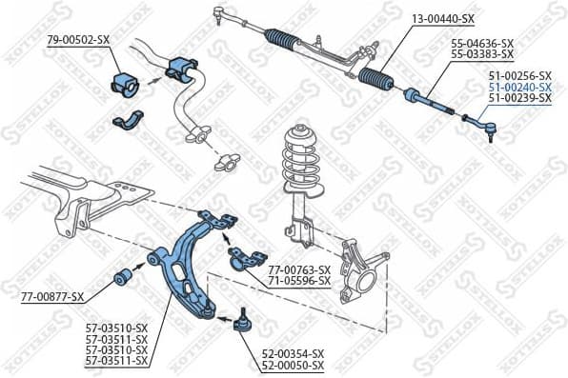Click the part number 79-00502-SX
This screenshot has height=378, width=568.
tap(78, 39)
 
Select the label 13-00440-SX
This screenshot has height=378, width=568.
tap(444, 19)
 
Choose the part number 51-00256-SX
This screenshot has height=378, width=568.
tap(519, 74)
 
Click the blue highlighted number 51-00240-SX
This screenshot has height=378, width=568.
tap(519, 86)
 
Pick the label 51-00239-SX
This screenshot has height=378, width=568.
tap(519, 97)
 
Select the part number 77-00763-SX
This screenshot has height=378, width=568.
tap(298, 269)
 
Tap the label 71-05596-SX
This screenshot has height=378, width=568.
tap(298, 281)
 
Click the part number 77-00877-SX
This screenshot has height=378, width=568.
tap(53, 297)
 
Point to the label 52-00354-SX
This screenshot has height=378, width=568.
tap(293, 353)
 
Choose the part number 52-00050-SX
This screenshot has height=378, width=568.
tap(293, 365)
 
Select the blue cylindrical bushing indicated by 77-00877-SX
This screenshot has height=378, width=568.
tap(123, 277)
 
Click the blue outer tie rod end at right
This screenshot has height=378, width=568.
tap(480, 122)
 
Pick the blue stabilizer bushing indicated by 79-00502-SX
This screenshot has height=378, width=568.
tap(126, 82)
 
